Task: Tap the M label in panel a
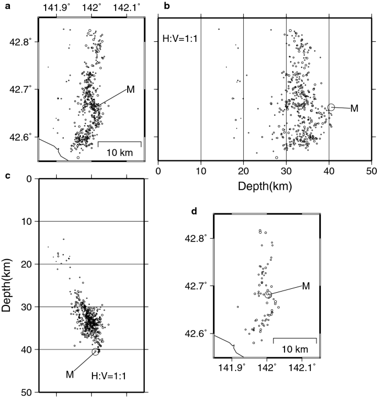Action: [x=130, y=89]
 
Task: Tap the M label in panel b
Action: [x=354, y=109]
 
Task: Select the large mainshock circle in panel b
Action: [x=331, y=107]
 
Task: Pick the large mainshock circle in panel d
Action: [x=268, y=294]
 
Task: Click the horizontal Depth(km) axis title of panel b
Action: [x=265, y=186]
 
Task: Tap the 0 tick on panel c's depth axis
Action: [x=28, y=178]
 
